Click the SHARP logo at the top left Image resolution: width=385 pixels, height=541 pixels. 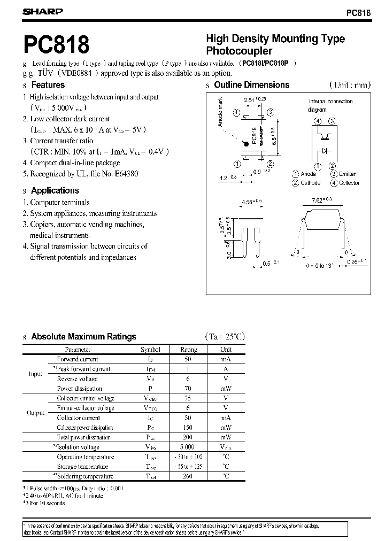(43, 11)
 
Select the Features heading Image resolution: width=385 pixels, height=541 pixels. (48, 85)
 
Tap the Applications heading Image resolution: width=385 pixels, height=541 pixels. (55, 190)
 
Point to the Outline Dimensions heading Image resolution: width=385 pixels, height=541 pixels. (251, 85)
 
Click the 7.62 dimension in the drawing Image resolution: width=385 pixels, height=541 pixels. (318, 199)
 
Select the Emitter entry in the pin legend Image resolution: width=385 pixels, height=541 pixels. (346, 174)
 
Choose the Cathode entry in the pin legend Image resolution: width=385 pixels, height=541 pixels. (311, 183)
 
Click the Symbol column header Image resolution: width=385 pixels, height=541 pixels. (150, 350)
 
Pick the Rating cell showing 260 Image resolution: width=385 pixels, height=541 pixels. (187, 476)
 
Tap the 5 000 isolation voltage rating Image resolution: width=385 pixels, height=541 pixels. (187, 447)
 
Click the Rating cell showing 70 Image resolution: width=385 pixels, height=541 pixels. (187, 389)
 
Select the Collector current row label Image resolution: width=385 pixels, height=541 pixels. (78, 418)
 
